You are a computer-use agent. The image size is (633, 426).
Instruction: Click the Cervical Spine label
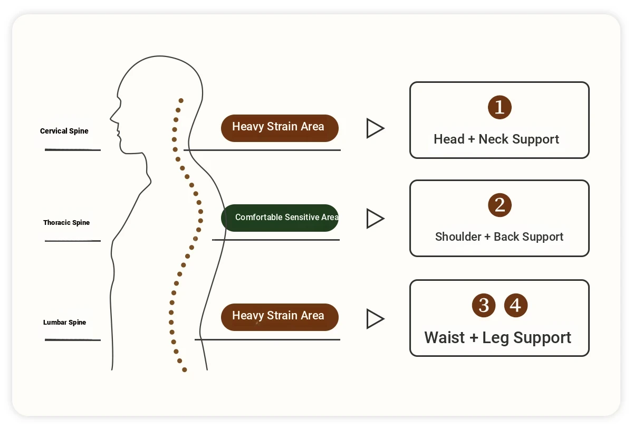click(x=64, y=131)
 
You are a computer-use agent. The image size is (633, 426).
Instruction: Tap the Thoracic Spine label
click(x=66, y=223)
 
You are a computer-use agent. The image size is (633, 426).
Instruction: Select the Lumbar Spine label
click(x=64, y=323)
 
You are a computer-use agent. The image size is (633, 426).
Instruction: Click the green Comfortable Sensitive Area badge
click(x=280, y=217)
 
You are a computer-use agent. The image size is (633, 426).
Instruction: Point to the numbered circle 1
click(x=500, y=108)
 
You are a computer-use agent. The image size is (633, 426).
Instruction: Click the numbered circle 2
click(x=500, y=205)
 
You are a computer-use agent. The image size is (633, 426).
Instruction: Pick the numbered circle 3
click(x=484, y=305)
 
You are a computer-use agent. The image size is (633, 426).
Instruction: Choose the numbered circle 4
click(x=516, y=305)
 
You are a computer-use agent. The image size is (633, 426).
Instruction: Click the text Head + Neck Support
click(x=496, y=139)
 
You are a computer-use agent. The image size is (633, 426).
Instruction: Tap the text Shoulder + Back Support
click(x=499, y=236)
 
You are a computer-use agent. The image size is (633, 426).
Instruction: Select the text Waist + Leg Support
click(x=498, y=337)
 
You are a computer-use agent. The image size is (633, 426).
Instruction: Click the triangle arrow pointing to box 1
click(x=375, y=128)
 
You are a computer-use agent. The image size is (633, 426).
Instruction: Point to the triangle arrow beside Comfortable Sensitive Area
click(x=375, y=219)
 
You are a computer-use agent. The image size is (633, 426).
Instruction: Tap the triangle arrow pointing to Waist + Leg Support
click(x=375, y=319)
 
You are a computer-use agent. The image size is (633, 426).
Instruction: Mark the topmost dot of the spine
click(x=181, y=100)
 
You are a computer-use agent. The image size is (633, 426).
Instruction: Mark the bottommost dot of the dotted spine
click(x=185, y=370)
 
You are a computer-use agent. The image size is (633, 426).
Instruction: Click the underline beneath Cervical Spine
click(x=73, y=150)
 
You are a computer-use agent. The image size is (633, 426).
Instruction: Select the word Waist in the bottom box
click(x=445, y=337)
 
